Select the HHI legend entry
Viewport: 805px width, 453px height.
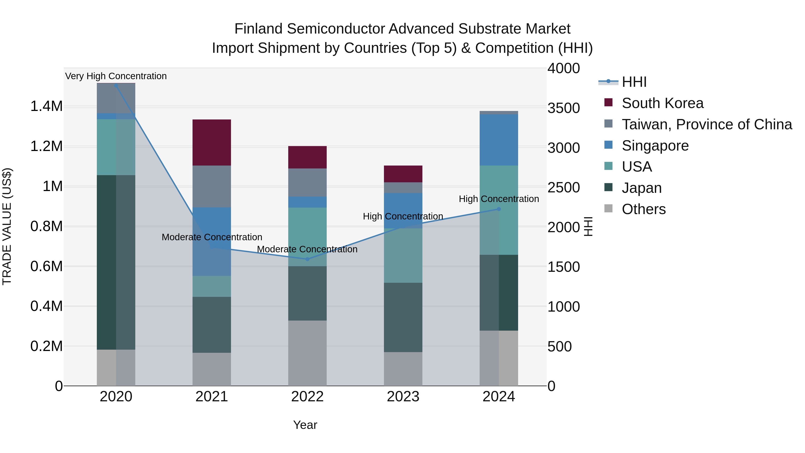point(634,82)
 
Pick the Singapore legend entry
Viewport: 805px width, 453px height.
point(655,146)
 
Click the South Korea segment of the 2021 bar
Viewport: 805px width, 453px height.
point(212,142)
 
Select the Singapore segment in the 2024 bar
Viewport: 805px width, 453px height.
point(499,140)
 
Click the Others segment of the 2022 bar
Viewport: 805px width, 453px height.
point(307,353)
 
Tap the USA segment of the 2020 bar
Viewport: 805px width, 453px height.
point(116,147)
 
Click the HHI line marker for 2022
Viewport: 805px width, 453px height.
point(307,259)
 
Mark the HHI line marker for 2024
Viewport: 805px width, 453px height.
point(499,209)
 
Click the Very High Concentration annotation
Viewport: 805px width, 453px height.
point(116,76)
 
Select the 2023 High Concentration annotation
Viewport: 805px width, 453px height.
point(403,216)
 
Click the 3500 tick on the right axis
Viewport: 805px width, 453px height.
point(563,108)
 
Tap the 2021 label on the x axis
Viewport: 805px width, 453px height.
point(212,397)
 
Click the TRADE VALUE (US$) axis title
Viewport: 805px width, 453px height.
point(7,226)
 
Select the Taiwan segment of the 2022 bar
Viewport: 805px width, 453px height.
point(307,183)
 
